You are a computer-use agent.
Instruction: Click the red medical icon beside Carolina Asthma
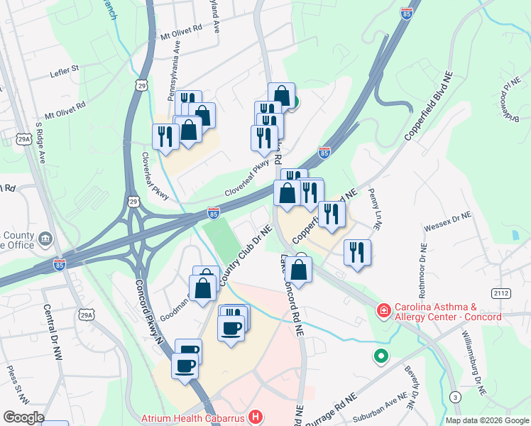(x=383, y=311)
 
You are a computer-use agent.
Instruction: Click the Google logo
(x=23, y=417)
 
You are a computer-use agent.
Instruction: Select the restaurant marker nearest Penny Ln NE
(x=357, y=252)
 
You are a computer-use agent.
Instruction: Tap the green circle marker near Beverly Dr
(x=382, y=357)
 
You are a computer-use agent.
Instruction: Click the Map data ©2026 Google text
(x=486, y=420)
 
